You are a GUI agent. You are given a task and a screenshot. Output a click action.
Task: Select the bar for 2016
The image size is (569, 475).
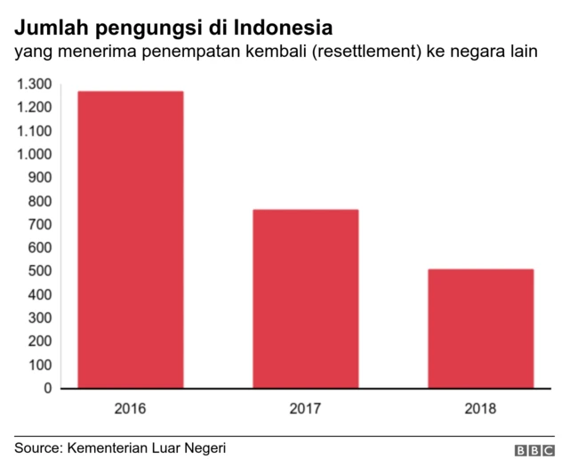[x=131, y=239]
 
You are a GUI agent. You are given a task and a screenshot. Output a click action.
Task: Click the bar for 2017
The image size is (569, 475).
[x=306, y=299]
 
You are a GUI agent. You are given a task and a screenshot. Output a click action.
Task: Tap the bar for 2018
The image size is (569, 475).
[x=481, y=328]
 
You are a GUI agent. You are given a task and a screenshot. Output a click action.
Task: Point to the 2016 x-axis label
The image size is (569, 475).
[x=131, y=410]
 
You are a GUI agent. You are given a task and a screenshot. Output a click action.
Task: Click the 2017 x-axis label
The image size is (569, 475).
[x=306, y=410]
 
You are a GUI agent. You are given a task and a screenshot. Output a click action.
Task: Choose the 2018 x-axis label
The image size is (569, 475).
[x=481, y=410]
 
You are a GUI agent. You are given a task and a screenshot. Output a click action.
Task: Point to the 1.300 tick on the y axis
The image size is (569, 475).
[x=34, y=85]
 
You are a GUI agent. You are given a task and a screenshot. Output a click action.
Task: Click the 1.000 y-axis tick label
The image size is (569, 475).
[x=34, y=155]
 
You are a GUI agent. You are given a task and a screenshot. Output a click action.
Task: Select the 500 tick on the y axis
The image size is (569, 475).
[x=40, y=271]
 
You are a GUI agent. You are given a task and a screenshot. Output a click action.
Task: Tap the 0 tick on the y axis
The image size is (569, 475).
[x=49, y=388]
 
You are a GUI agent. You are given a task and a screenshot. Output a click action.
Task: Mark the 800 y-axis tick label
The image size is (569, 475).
[x=40, y=201]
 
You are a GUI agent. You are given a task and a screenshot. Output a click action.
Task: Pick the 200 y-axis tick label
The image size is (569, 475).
[x=40, y=342]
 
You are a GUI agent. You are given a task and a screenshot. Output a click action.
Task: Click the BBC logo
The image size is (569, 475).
[x=533, y=451]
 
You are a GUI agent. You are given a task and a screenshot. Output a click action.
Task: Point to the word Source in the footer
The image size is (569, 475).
[x=36, y=447]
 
